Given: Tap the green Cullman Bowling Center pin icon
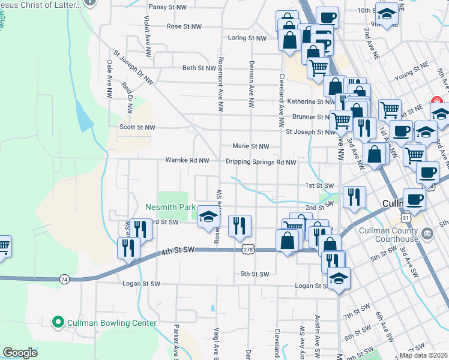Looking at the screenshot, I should [x=58, y=323].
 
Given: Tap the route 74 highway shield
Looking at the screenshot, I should [x=64, y=279].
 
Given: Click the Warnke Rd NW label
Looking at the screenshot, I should [x=188, y=161].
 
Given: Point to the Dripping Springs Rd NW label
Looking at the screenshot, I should [x=261, y=162].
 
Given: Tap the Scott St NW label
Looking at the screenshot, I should [x=137, y=127].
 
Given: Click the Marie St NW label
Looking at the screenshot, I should [x=251, y=146].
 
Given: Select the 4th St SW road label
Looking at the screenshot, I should [x=178, y=249].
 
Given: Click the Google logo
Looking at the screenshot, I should [x=20, y=353].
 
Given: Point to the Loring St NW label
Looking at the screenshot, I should [x=247, y=38].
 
